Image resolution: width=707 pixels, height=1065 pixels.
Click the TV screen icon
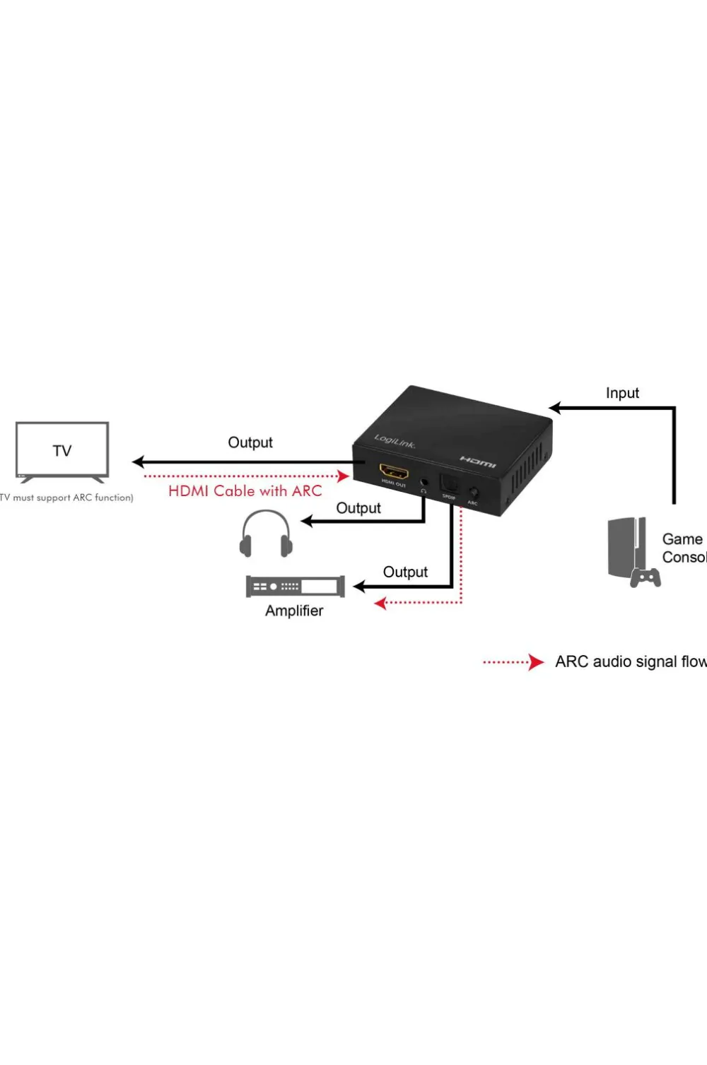coord(62,451)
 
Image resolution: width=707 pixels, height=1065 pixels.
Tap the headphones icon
coord(266,536)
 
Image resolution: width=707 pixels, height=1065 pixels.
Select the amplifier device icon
coord(296,587)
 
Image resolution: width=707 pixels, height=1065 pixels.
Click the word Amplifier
coord(294,611)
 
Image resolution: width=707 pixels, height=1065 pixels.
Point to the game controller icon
coord(645,578)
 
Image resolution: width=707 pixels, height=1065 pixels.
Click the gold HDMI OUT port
coord(394,471)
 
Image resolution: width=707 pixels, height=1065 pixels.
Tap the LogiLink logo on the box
coord(395,442)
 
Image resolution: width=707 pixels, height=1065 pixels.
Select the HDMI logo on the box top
coord(478,461)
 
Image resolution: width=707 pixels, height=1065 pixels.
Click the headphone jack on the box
coord(424,482)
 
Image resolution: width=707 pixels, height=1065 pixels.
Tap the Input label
coord(622,393)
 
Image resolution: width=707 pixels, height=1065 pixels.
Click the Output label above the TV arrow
coord(250,442)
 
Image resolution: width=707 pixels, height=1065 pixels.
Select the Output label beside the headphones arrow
coord(358,508)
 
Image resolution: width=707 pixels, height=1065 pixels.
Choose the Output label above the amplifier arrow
coord(405,572)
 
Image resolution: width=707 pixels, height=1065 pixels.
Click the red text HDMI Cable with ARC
coord(245,490)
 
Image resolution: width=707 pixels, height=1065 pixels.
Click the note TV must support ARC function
coord(66,498)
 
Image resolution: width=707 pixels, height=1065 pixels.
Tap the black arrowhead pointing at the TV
coord(139,462)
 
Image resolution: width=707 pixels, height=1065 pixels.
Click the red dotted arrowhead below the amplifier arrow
coord(380,603)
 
